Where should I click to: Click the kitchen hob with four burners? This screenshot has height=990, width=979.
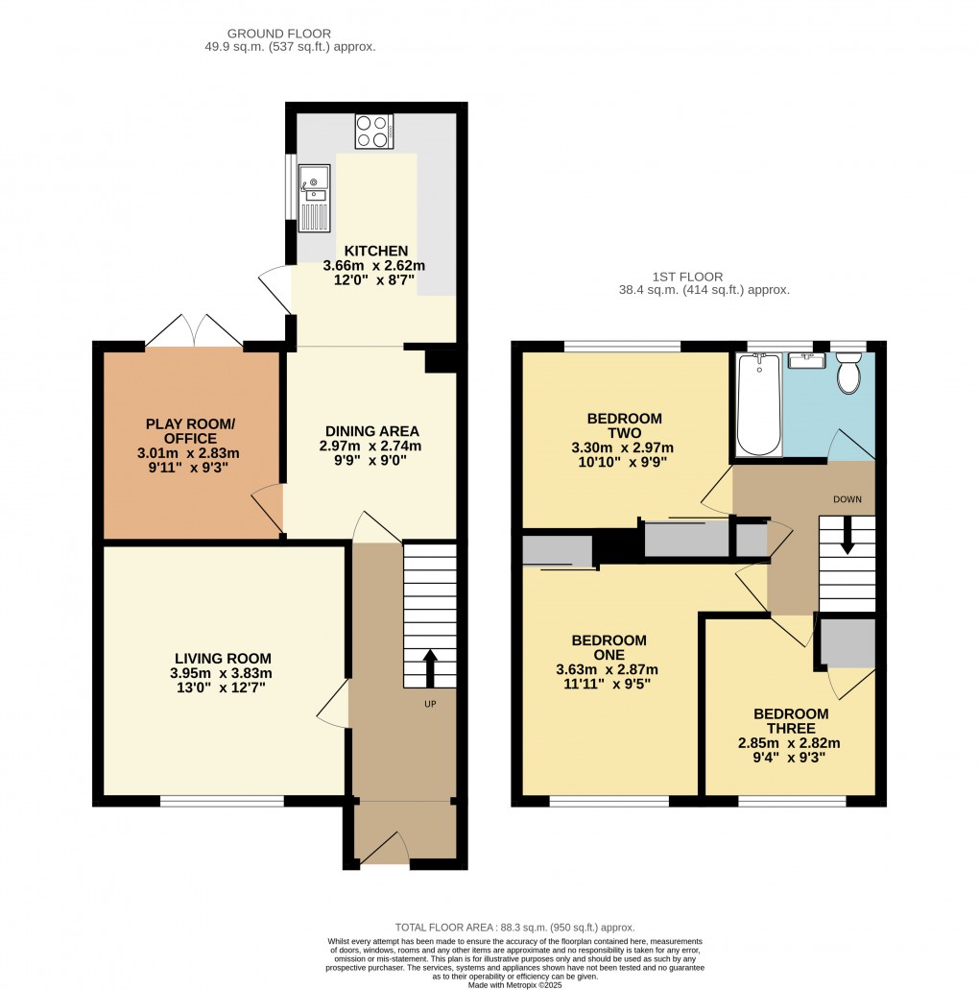pyautogui.click(x=373, y=132)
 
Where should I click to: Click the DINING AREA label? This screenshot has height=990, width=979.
pyautogui.click(x=371, y=431)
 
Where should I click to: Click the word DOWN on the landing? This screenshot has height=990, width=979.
pyautogui.click(x=848, y=499)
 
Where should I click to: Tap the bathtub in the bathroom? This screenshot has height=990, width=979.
pyautogui.click(x=758, y=403)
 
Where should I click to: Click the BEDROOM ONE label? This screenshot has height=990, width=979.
pyautogui.click(x=609, y=648)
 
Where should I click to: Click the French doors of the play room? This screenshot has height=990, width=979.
pyautogui.click(x=194, y=333)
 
